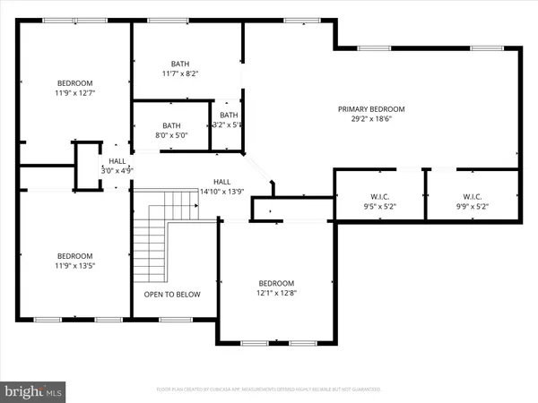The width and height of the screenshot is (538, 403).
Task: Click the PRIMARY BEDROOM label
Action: click(x=371, y=109)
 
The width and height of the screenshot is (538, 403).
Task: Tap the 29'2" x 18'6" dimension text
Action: click(x=371, y=119)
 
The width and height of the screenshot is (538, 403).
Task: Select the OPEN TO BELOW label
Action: click(x=172, y=294)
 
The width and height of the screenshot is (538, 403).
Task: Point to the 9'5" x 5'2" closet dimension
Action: click(x=378, y=206)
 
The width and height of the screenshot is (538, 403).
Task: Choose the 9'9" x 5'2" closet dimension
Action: click(x=473, y=206)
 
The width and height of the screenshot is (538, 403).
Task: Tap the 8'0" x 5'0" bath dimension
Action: click(x=171, y=135)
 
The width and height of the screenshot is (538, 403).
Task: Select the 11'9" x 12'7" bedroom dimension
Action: click(x=74, y=91)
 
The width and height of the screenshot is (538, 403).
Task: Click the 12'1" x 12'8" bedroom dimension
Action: click(x=276, y=292)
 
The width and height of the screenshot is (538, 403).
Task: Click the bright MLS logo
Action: click(x=34, y=390)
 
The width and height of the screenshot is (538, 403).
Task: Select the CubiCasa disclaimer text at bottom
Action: click(x=269, y=390)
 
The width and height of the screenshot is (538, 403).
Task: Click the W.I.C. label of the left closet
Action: click(x=378, y=197)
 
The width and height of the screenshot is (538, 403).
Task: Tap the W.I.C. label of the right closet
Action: click(x=473, y=197)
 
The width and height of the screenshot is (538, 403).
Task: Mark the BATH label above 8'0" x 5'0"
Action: click(x=171, y=125)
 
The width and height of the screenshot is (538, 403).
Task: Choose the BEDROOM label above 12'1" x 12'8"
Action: click(x=276, y=282)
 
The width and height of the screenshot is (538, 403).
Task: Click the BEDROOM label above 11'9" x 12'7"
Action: click(x=74, y=81)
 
